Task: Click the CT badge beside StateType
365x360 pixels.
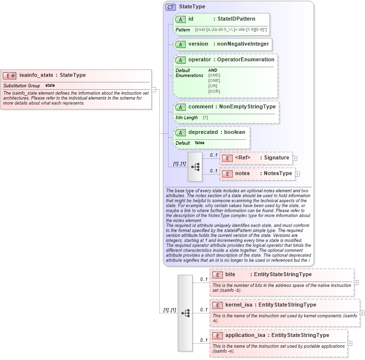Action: coord(170,7)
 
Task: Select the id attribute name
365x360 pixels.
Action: coord(191,19)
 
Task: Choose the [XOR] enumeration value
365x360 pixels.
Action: coord(214,91)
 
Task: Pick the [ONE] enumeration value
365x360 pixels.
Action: coord(214,80)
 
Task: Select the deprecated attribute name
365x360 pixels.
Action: coord(203,132)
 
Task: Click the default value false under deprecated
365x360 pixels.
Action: coord(199,143)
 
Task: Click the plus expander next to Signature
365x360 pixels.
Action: coord(294,158)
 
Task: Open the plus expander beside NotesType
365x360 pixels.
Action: coord(297,174)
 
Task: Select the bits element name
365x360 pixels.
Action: coord(230,274)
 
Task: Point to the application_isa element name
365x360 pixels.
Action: coord(245,335)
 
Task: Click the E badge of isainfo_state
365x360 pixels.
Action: coord(10,76)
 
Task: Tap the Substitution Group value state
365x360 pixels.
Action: coord(50,85)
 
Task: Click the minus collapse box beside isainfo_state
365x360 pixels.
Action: coord(154,89)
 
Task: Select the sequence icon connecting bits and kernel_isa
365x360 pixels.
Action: coord(185,312)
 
